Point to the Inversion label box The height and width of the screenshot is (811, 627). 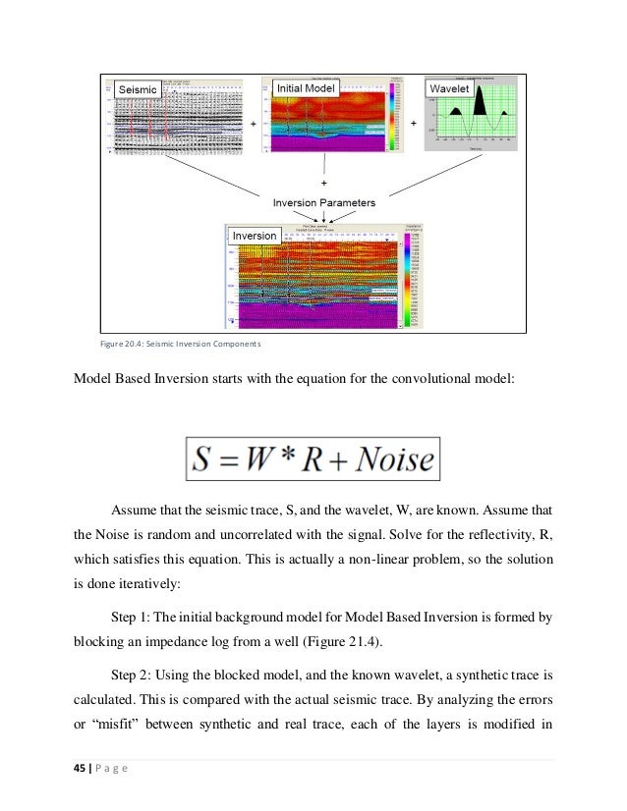(255, 236)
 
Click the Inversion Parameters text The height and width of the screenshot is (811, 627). (324, 201)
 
